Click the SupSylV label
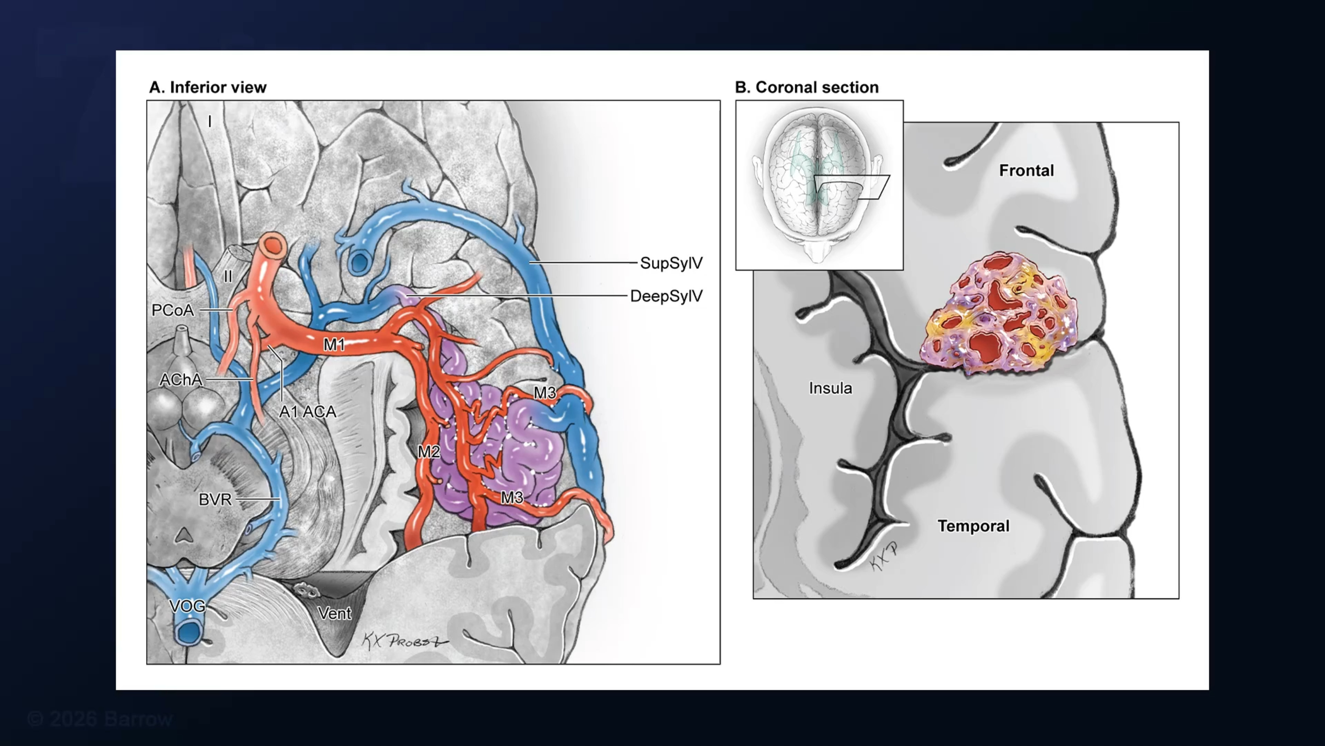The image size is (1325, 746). tap(671, 263)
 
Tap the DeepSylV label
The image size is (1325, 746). tap(666, 296)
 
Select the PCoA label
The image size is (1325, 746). tap(173, 310)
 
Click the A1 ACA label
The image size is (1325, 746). tap(307, 411)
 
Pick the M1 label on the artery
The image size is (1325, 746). tap(334, 344)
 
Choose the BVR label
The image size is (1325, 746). tap(215, 499)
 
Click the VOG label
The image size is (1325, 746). tap(187, 606)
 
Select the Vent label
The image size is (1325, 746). tap(334, 613)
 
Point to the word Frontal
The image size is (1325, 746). tap(1026, 170)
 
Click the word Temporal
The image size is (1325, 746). tap(973, 526)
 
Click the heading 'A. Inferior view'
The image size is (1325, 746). tap(208, 87)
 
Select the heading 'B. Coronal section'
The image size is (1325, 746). tap(806, 87)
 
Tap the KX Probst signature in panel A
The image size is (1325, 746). tap(405, 641)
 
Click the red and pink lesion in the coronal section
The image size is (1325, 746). tap(998, 314)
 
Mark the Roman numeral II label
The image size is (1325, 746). tap(228, 277)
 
